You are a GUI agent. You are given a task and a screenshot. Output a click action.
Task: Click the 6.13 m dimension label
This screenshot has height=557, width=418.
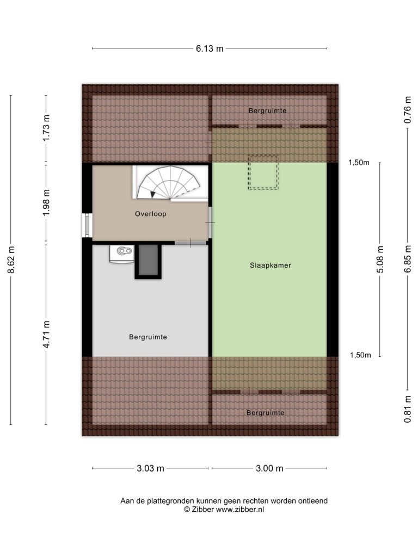(210, 48)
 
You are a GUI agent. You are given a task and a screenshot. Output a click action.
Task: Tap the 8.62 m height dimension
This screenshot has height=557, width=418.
(11, 260)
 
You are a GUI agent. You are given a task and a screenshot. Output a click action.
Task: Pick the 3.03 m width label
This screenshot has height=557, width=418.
(150, 468)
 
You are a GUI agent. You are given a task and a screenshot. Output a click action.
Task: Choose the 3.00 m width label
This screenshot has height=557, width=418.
(269, 468)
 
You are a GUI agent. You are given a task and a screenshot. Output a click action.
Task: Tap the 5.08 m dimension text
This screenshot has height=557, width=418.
(380, 259)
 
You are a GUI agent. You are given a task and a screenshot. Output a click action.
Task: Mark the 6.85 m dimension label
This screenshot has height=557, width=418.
(408, 259)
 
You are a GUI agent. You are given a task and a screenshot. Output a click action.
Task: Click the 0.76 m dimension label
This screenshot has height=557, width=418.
(408, 110)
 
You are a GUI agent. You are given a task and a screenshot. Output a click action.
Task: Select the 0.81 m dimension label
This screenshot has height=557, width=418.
(408, 409)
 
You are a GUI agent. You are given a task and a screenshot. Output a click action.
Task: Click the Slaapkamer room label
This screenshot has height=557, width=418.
(270, 265)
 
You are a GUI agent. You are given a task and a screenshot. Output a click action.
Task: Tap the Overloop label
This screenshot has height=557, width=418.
(150, 214)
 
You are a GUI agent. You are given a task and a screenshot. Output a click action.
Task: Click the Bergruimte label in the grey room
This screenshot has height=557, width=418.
(148, 337)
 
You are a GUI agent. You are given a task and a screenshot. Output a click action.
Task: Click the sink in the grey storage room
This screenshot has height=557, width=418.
(122, 253)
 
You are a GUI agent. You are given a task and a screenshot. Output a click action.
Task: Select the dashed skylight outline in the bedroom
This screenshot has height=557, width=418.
(263, 172)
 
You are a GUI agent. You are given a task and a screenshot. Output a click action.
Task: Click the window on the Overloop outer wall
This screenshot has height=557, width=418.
(87, 225)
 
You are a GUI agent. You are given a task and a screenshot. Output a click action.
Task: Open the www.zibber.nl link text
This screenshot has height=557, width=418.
(239, 509)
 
